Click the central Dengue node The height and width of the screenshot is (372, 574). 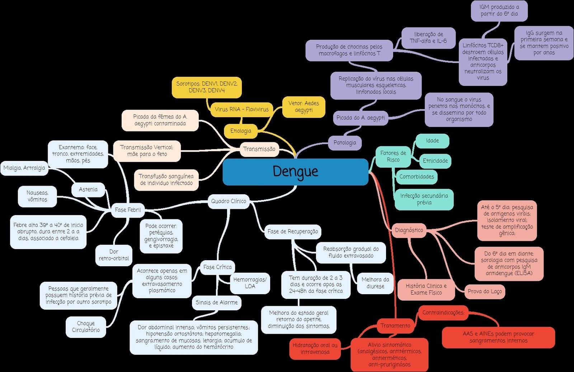pos(295,172)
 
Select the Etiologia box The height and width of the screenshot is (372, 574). pos(241,131)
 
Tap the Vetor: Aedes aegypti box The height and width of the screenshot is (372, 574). pos(304,107)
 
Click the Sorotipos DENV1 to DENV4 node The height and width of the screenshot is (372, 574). pos(207,87)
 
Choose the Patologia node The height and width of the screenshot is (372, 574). pos(345,143)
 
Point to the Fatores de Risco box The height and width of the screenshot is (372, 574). pos(393,156)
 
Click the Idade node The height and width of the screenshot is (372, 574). pos(432,141)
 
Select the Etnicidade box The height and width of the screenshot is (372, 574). pos(435,161)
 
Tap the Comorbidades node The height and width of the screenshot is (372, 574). pos(417,177)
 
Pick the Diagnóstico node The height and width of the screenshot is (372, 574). pos(409,230)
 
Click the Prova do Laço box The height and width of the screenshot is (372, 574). pos(485,291)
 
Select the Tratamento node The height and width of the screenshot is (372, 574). pos(395,326)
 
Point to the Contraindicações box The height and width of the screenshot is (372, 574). pos(443,313)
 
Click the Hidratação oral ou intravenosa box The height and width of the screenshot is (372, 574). pos(315,348)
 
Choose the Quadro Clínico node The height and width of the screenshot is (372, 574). pos(229,201)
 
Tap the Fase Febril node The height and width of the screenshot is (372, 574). pos(128,210)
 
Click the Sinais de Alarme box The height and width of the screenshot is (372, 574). pos(216,302)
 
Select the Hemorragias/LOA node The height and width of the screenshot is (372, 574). pos(250,283)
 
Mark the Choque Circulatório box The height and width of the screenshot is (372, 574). pos(86,326)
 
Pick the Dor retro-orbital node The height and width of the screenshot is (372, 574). pos(114,255)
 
